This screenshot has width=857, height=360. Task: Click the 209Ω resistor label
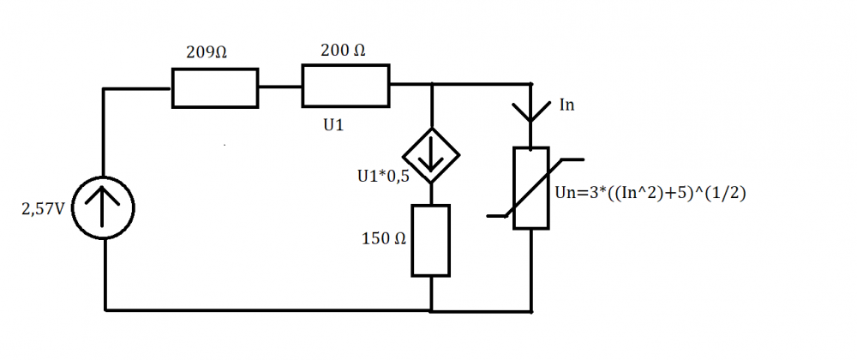(207, 52)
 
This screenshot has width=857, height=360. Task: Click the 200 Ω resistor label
(342, 51)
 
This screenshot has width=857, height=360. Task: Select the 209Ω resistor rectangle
(214, 88)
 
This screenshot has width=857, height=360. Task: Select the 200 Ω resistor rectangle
(345, 87)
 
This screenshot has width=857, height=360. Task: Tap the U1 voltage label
(333, 125)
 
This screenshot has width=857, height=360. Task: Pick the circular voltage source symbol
(103, 208)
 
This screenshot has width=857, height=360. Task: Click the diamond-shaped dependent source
(431, 156)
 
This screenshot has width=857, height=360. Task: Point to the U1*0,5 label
(381, 177)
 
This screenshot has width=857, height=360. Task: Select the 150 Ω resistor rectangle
(430, 240)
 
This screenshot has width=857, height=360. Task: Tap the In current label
(566, 105)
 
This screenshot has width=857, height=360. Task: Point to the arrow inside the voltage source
(103, 207)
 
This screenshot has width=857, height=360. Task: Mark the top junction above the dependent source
(431, 85)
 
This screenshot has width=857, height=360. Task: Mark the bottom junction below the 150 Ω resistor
(431, 309)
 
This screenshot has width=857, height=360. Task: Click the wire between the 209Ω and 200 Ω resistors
(279, 87)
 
